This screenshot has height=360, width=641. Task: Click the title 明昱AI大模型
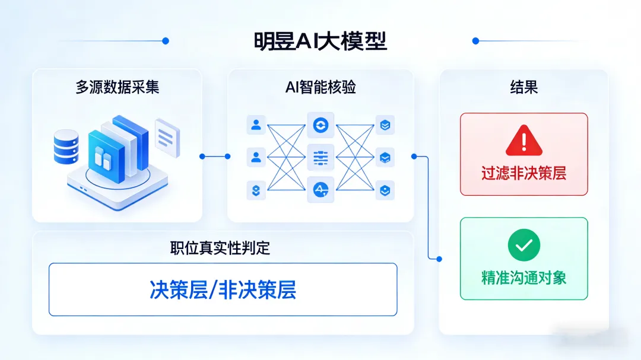[x=320, y=42]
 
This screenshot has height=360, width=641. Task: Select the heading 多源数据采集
[x=118, y=87]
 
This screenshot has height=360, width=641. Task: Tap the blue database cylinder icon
[x=66, y=147]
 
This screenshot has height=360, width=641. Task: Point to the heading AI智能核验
[x=320, y=87]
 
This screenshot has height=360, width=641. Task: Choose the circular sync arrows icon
[x=320, y=125]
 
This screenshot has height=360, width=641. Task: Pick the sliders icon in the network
[x=320, y=158]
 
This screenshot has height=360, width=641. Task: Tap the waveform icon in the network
[x=320, y=190]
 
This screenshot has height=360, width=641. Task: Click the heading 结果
[x=523, y=87]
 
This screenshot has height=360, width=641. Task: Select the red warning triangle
[x=523, y=141]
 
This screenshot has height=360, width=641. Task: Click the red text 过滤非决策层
[x=523, y=173]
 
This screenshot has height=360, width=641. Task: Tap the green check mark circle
[x=523, y=244]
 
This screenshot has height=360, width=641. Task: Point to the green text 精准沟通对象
[x=523, y=277]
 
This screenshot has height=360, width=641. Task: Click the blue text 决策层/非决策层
[x=223, y=289]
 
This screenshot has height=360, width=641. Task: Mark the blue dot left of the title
[x=166, y=41]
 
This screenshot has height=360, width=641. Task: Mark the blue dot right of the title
[x=475, y=41]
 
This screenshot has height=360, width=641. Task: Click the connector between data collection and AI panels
[x=215, y=157]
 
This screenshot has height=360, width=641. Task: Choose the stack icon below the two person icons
[x=256, y=190]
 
